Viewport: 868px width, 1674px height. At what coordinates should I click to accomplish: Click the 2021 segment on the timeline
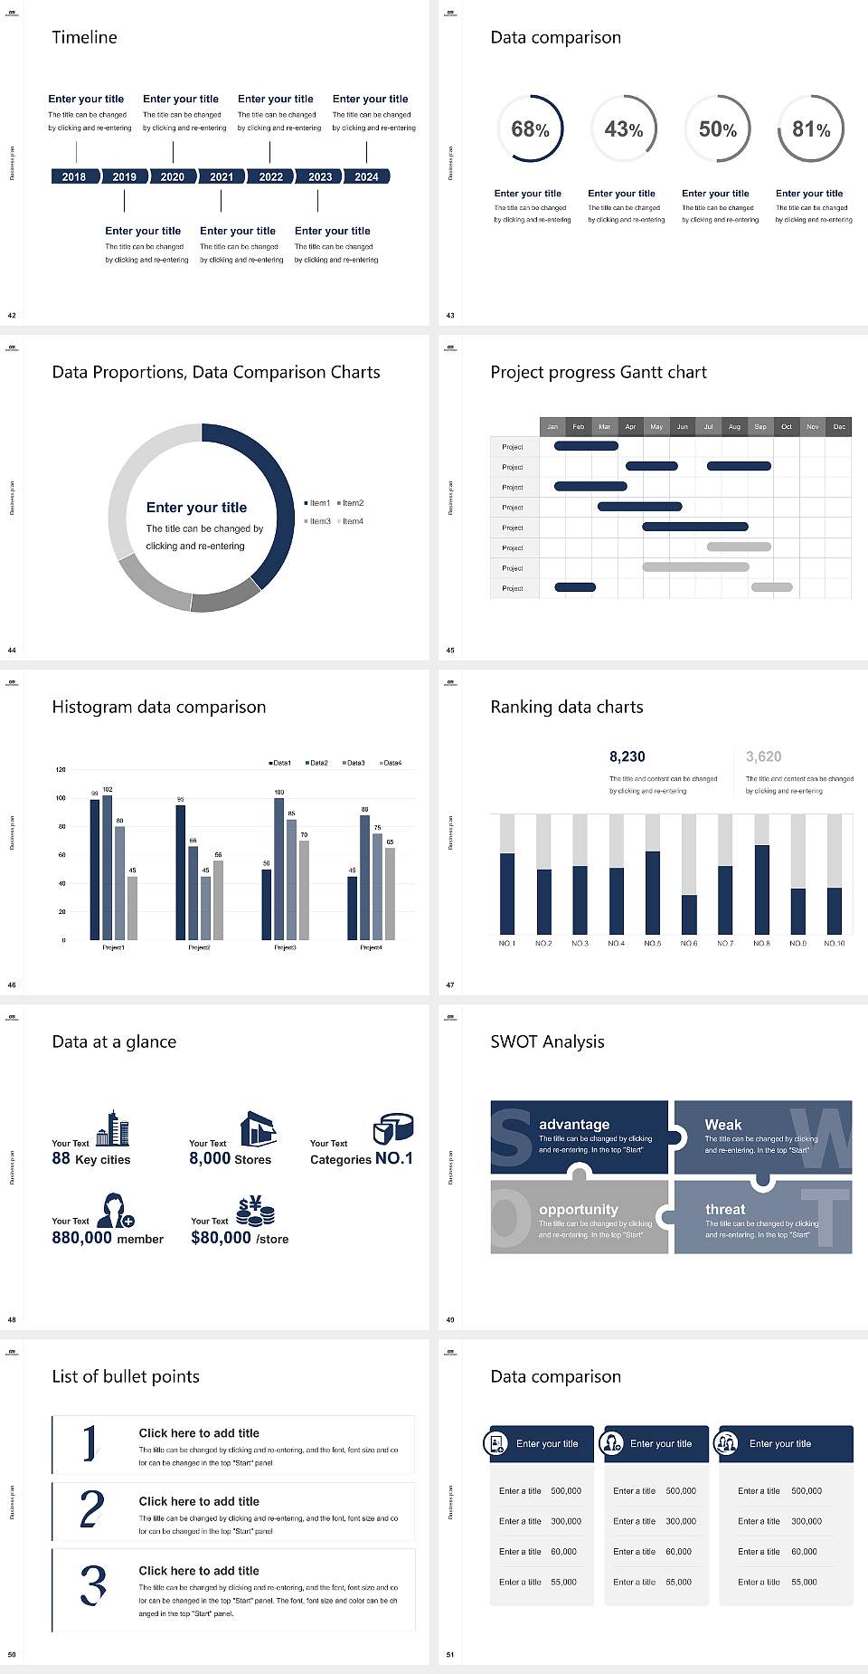(222, 176)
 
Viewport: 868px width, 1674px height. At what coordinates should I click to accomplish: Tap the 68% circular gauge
(530, 128)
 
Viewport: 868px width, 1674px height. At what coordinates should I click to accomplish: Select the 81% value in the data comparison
(811, 129)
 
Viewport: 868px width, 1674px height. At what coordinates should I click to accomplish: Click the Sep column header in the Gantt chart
(760, 426)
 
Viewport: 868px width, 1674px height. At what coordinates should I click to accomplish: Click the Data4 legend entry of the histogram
(390, 763)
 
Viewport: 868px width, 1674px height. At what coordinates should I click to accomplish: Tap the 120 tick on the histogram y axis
(61, 769)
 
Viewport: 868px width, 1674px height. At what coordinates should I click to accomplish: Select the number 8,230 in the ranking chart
(627, 756)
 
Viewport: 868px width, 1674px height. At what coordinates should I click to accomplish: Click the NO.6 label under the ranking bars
(689, 943)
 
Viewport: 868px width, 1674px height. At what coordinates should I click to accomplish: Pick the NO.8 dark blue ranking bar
(762, 889)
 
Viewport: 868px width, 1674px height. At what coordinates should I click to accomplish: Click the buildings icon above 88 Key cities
(113, 1128)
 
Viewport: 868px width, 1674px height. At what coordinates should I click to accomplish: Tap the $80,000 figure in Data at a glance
(221, 1237)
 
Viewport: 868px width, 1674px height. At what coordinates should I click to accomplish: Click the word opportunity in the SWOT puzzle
(579, 1209)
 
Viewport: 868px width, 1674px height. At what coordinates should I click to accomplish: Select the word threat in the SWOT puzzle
(725, 1209)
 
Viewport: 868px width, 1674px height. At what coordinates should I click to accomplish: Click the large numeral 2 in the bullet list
(92, 1509)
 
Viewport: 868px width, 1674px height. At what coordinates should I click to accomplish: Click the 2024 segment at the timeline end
(366, 176)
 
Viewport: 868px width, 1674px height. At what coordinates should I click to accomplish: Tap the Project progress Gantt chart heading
(599, 372)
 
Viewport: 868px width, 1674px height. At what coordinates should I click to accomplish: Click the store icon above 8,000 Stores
(259, 1129)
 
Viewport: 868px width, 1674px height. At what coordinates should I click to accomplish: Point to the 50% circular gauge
(718, 128)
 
